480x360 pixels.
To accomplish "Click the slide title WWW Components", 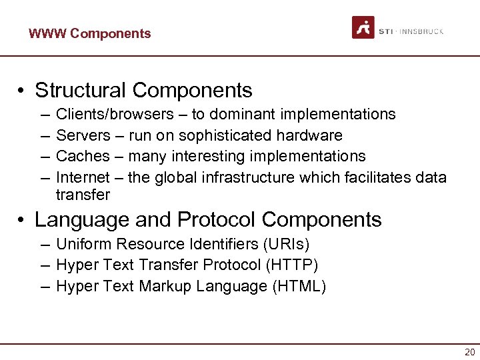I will tap(89, 33).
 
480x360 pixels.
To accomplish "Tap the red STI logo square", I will tap(363, 27).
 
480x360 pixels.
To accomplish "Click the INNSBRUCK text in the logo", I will tap(423, 31).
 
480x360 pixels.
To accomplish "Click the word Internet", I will tap(82, 177).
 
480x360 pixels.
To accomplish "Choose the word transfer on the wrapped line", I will tap(83, 195).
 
